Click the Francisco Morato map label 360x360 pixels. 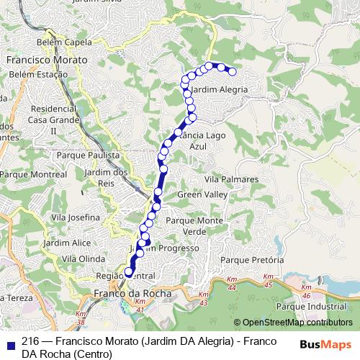pyautogui.click(x=47, y=60)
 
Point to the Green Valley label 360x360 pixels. pyautogui.click(x=202, y=195)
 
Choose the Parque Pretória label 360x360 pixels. pyautogui.click(x=252, y=260)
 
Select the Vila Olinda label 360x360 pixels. pyautogui.click(x=84, y=258)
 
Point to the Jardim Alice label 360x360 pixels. pyautogui.click(x=67, y=243)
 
